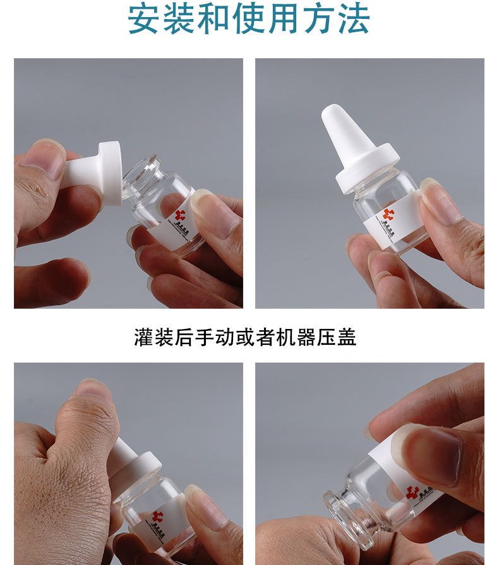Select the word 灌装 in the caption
155,337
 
